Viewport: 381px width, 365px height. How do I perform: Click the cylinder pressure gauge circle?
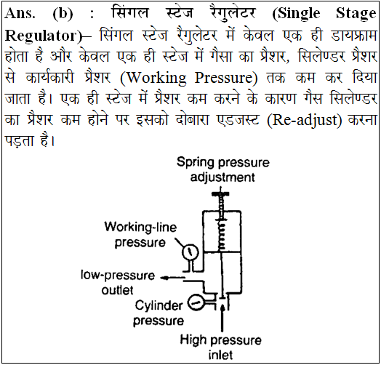(x=196, y=302)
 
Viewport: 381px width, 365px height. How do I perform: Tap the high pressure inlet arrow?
(x=222, y=318)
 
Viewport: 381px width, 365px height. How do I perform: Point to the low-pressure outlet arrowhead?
(x=164, y=278)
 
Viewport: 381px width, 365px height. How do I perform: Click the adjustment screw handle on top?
(x=220, y=193)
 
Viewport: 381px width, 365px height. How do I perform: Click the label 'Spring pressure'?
(x=223, y=162)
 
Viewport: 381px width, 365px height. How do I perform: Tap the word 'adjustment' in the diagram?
(x=222, y=177)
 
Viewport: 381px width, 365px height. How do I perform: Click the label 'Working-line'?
(x=140, y=227)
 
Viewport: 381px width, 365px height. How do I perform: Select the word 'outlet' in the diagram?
(x=117, y=290)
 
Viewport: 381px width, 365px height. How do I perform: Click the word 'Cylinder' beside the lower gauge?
(x=159, y=305)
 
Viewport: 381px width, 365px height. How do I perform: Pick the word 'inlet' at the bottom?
(x=220, y=355)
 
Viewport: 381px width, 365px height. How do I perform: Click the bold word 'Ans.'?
(x=20, y=13)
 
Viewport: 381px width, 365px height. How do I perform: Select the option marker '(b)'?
(x=63, y=14)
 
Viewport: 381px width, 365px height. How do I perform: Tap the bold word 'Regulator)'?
(x=44, y=36)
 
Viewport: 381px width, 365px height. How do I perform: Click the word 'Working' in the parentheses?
(x=153, y=78)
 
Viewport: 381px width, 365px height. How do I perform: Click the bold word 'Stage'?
(x=356, y=14)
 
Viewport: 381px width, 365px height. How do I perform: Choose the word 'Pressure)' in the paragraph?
(x=226, y=78)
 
